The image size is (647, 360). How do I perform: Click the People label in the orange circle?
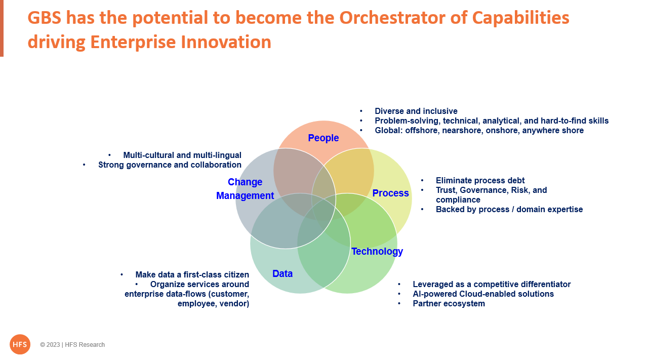323,138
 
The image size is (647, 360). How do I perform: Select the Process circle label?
390,193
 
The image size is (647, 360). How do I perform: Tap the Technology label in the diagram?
377,251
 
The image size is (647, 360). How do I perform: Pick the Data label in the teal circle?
282,273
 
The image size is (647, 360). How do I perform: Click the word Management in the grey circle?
245,195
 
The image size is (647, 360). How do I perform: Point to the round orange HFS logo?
20,344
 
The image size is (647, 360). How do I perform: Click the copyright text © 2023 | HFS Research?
72,345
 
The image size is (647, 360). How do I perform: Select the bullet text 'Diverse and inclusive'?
416,111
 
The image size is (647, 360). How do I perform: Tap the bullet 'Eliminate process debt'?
480,181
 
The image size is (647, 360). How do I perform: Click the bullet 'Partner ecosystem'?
449,304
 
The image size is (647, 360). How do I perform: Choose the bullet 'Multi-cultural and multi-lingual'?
182,155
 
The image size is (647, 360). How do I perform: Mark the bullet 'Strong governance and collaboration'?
170,165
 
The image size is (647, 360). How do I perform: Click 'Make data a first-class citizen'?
192,274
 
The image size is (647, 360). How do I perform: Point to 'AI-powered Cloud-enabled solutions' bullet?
483,294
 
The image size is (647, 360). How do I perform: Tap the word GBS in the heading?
45,17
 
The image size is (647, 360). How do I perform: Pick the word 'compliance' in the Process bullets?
458,200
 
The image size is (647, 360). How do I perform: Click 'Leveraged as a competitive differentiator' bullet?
492,284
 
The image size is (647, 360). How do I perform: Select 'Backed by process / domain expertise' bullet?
509,210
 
